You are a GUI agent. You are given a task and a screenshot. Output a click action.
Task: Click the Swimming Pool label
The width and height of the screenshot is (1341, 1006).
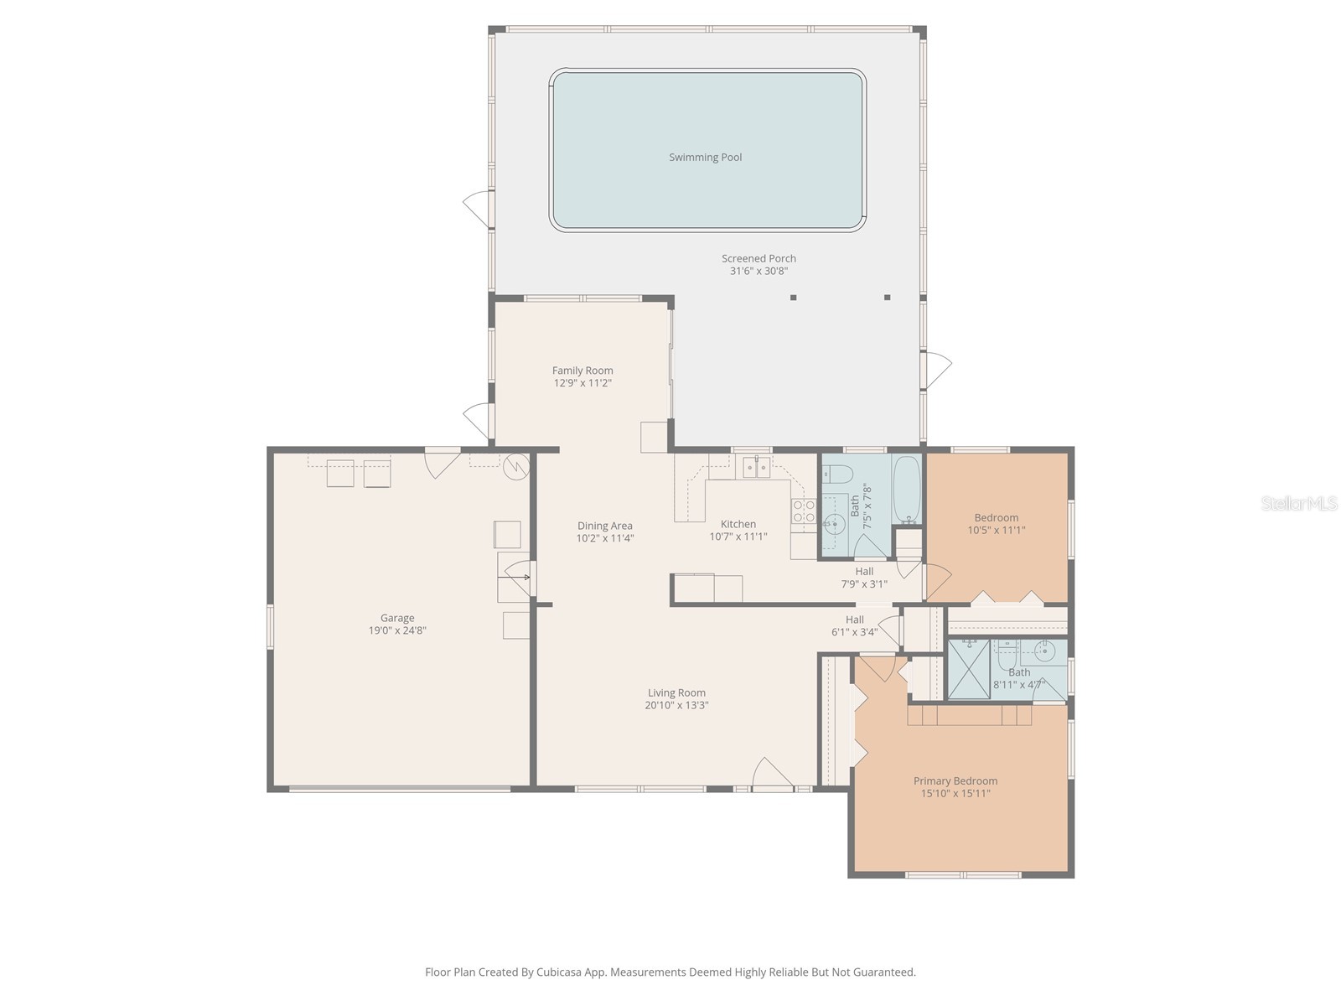point(705,157)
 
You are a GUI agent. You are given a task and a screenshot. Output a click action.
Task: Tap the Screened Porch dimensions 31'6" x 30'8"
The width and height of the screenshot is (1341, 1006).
point(759,271)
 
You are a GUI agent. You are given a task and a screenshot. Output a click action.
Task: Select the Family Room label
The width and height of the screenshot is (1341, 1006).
point(582,371)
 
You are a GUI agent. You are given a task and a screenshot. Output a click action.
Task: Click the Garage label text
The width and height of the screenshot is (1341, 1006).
point(397,618)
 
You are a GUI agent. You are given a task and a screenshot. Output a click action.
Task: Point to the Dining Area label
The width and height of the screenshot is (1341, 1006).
point(604,526)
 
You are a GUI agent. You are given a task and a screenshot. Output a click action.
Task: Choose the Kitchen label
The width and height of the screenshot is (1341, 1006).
point(738,524)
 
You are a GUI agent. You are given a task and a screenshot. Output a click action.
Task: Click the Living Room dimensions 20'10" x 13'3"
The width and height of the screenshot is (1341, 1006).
point(676,705)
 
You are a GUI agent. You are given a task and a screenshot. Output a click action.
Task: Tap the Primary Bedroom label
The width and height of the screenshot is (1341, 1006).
point(955,780)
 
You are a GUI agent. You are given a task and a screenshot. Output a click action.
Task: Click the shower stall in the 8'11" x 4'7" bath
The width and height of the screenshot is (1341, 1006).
point(968,669)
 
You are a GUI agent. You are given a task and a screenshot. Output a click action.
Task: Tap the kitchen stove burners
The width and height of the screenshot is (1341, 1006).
point(804,511)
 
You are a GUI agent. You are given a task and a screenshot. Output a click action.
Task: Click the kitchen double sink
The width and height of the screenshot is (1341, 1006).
point(756,468)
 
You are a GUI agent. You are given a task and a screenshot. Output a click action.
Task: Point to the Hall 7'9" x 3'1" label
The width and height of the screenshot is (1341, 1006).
point(864,572)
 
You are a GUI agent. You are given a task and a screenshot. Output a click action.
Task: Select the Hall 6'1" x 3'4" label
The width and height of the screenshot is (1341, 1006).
point(854,620)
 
